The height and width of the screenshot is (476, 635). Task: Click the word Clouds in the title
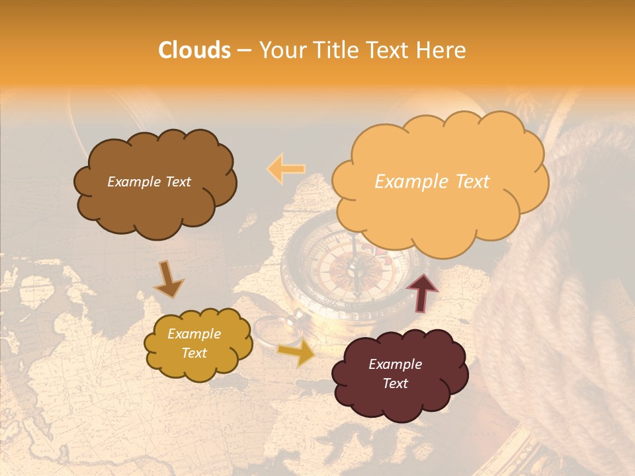click(x=194, y=50)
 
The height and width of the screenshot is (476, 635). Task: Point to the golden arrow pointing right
click(x=297, y=353)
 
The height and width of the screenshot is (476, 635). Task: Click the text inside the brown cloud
click(x=149, y=182)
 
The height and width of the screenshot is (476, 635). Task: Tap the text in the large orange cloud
click(x=432, y=182)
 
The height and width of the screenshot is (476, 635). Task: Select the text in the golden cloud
click(x=194, y=344)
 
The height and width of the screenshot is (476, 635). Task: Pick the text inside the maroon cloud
click(x=395, y=374)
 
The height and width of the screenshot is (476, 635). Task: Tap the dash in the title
click(x=244, y=50)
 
